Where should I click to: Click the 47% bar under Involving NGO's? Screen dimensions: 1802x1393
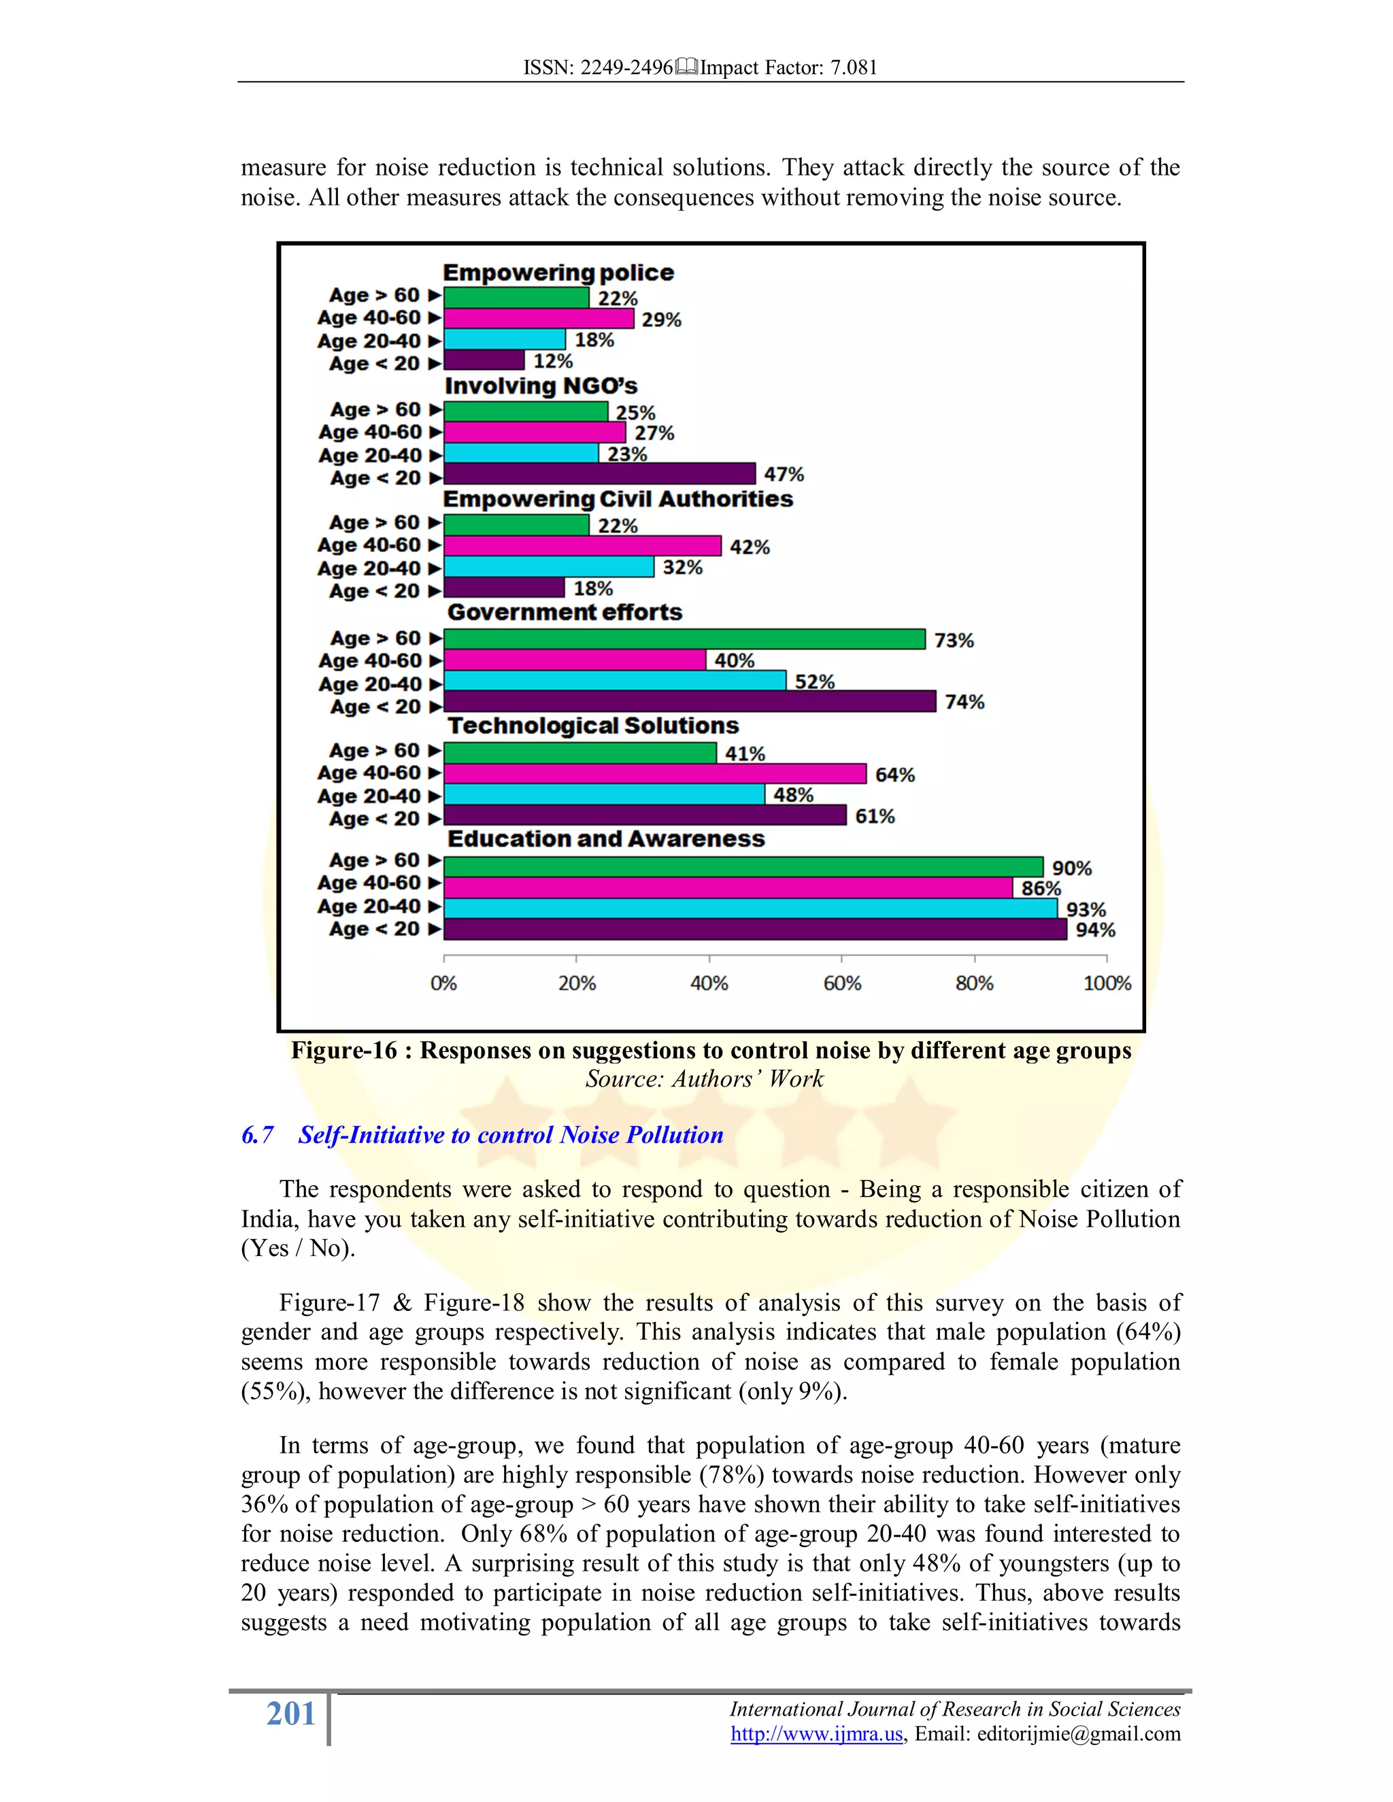(x=600, y=473)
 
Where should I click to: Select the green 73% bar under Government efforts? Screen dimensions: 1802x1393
(x=685, y=639)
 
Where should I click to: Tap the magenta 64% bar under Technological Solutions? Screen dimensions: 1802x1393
(x=655, y=774)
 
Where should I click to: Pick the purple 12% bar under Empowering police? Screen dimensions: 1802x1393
(x=484, y=360)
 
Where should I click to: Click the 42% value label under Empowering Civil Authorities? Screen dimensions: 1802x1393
(x=750, y=547)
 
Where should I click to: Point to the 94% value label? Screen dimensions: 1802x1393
(x=1095, y=930)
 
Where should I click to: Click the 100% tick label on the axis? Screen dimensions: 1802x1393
(x=1107, y=983)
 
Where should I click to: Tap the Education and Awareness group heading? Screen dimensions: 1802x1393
(x=606, y=839)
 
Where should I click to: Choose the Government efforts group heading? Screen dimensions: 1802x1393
(x=565, y=612)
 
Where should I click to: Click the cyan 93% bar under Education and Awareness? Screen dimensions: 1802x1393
(x=751, y=908)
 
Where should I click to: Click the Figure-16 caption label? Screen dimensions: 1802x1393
(x=344, y=1051)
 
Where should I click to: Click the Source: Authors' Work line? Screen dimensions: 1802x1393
(x=704, y=1079)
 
